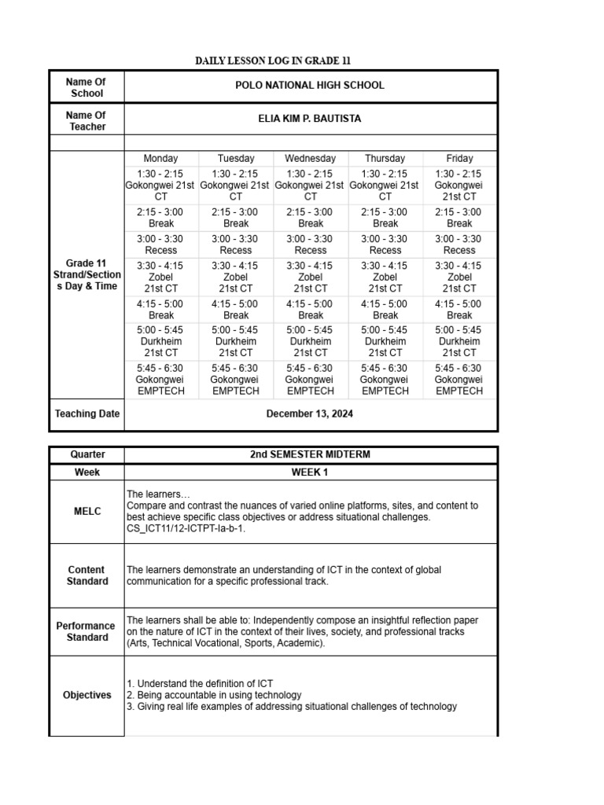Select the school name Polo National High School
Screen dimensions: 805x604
(x=310, y=86)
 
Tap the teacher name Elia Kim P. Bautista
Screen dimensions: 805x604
(x=310, y=119)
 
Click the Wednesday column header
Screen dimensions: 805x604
(x=310, y=158)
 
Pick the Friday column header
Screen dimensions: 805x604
(x=459, y=158)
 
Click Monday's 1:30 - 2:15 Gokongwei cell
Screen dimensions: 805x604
(x=160, y=186)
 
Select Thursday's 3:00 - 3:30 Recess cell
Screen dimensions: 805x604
(x=385, y=244)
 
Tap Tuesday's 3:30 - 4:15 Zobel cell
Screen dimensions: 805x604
(x=235, y=277)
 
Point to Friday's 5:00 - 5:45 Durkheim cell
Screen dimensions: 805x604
(x=459, y=342)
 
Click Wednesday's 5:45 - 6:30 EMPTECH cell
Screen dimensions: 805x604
(x=310, y=380)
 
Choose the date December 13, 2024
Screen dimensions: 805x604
(x=310, y=414)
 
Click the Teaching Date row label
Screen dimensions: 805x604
(x=87, y=414)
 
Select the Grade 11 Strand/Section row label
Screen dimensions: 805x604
(x=87, y=274)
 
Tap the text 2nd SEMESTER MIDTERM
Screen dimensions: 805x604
(x=310, y=454)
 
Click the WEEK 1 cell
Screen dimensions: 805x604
(x=310, y=472)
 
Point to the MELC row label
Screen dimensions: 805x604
(x=87, y=511)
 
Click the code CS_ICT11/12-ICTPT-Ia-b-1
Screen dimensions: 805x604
(x=186, y=529)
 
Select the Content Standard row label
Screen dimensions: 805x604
(x=87, y=575)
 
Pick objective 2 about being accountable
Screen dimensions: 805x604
(x=214, y=695)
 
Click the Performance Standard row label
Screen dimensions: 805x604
(x=87, y=631)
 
